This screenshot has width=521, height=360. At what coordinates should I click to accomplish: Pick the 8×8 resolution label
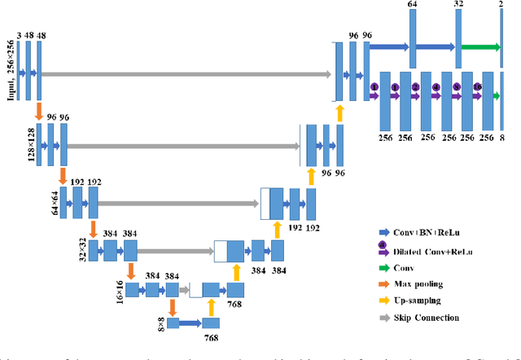point(160,325)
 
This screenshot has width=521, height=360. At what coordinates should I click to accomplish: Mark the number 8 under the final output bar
point(501,138)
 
